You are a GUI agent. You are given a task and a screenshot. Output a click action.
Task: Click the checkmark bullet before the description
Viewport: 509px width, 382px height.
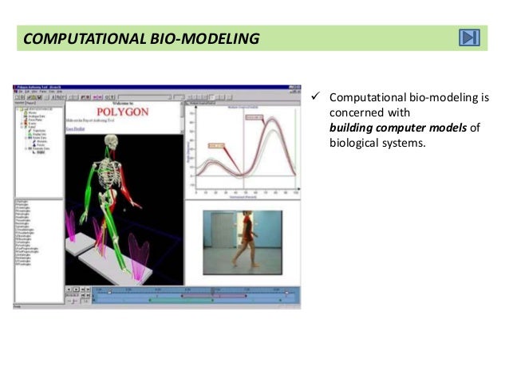(x=316, y=97)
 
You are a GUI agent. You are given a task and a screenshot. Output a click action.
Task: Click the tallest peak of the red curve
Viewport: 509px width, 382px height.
(x=273, y=120)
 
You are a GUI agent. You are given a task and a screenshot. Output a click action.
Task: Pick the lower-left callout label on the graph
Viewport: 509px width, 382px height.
(x=217, y=146)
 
